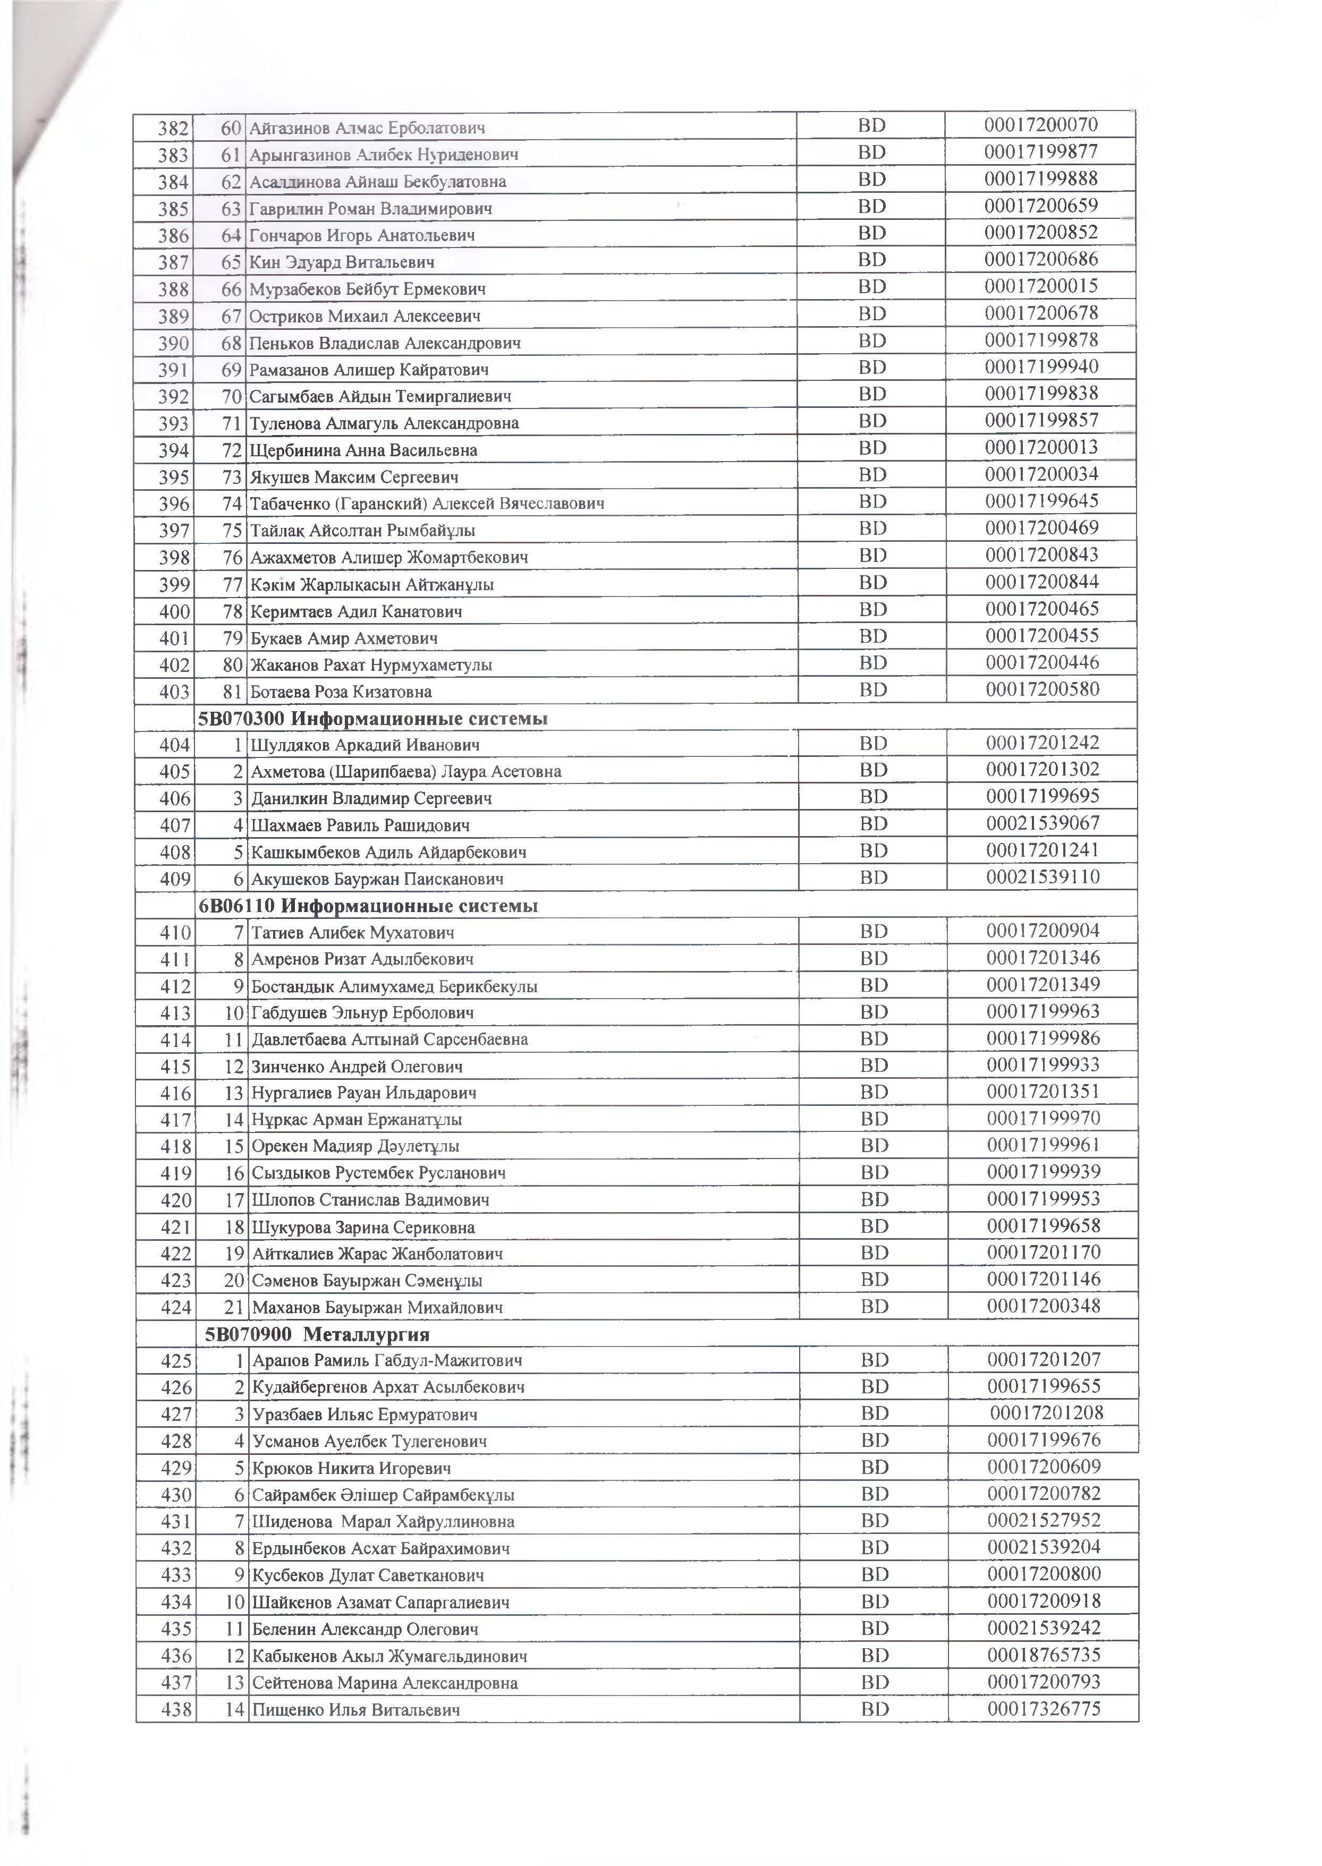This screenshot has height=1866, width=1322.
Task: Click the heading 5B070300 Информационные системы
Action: [373, 719]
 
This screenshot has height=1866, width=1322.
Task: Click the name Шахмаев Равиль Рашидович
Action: [361, 826]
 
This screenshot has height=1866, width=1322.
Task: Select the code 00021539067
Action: [1043, 823]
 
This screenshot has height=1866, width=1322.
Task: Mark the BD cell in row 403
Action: [872, 690]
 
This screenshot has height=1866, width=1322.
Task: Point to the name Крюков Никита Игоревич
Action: [352, 1469]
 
